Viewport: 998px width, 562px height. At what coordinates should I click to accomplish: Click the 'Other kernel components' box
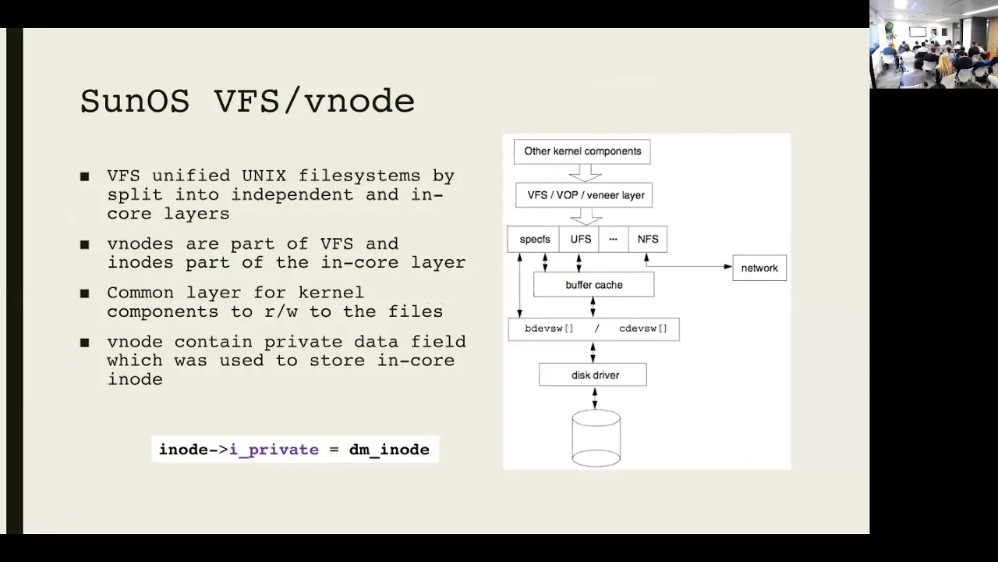pyautogui.click(x=582, y=151)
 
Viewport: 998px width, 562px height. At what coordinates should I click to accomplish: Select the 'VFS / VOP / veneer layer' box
pyautogui.click(x=584, y=195)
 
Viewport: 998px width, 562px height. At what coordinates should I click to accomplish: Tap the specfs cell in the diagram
pyautogui.click(x=534, y=239)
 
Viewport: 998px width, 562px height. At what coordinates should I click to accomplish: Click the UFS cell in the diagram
pyautogui.click(x=579, y=239)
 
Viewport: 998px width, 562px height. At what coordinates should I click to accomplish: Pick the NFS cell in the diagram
pyautogui.click(x=648, y=239)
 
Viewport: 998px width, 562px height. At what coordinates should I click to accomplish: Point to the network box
pyautogui.click(x=759, y=268)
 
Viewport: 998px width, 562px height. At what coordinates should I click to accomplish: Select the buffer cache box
pyautogui.click(x=594, y=285)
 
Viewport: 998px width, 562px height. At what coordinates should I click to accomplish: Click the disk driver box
pyautogui.click(x=593, y=375)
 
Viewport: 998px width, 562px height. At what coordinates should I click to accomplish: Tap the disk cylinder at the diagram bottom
pyautogui.click(x=596, y=439)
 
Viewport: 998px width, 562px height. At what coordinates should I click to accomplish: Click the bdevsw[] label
pyautogui.click(x=549, y=329)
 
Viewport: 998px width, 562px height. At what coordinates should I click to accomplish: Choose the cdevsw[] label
pyautogui.click(x=643, y=329)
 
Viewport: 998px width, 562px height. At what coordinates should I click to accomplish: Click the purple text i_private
pyautogui.click(x=274, y=450)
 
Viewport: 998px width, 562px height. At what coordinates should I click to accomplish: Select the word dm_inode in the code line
pyautogui.click(x=389, y=450)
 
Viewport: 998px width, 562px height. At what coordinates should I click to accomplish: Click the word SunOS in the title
pyautogui.click(x=135, y=101)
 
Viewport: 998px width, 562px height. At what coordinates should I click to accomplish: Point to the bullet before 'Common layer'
pyautogui.click(x=85, y=293)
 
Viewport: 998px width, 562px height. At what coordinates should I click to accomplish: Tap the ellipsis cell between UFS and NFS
pyautogui.click(x=614, y=239)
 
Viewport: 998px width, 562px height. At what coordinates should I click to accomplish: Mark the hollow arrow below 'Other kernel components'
pyautogui.click(x=586, y=173)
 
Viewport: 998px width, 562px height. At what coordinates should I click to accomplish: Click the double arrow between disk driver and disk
pyautogui.click(x=594, y=398)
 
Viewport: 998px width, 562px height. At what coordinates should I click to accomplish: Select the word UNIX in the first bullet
pyautogui.click(x=264, y=176)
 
